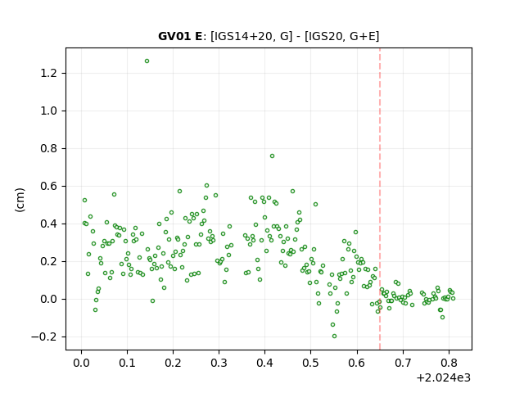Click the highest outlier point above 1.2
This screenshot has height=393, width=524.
click(x=147, y=61)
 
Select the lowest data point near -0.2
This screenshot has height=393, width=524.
click(x=334, y=337)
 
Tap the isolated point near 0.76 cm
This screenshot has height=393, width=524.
click(x=272, y=156)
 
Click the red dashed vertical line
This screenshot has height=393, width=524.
click(x=380, y=199)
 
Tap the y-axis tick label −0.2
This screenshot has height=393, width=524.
click(x=45, y=337)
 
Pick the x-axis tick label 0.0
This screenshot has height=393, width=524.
click(x=82, y=363)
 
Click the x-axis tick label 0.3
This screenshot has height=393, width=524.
click(x=219, y=363)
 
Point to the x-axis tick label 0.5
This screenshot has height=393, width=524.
click(x=311, y=363)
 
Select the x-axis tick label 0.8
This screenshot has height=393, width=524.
click(x=449, y=363)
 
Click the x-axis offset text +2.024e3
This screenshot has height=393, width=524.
click(x=444, y=378)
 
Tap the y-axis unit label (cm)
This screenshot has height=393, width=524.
click(x=20, y=200)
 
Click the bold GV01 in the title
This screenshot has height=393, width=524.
click(x=171, y=36)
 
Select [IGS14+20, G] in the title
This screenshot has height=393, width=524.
click(x=251, y=36)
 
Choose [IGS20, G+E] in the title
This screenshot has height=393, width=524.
click(x=342, y=36)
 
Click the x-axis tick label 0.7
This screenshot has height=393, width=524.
click(x=403, y=363)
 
